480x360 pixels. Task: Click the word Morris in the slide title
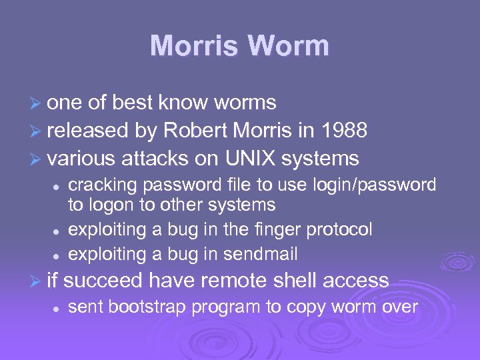click(193, 46)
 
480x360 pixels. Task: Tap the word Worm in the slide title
click(289, 46)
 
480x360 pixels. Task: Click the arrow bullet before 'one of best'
click(39, 103)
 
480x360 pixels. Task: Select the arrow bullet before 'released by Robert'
click(39, 131)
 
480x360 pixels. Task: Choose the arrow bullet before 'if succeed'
click(39, 281)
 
